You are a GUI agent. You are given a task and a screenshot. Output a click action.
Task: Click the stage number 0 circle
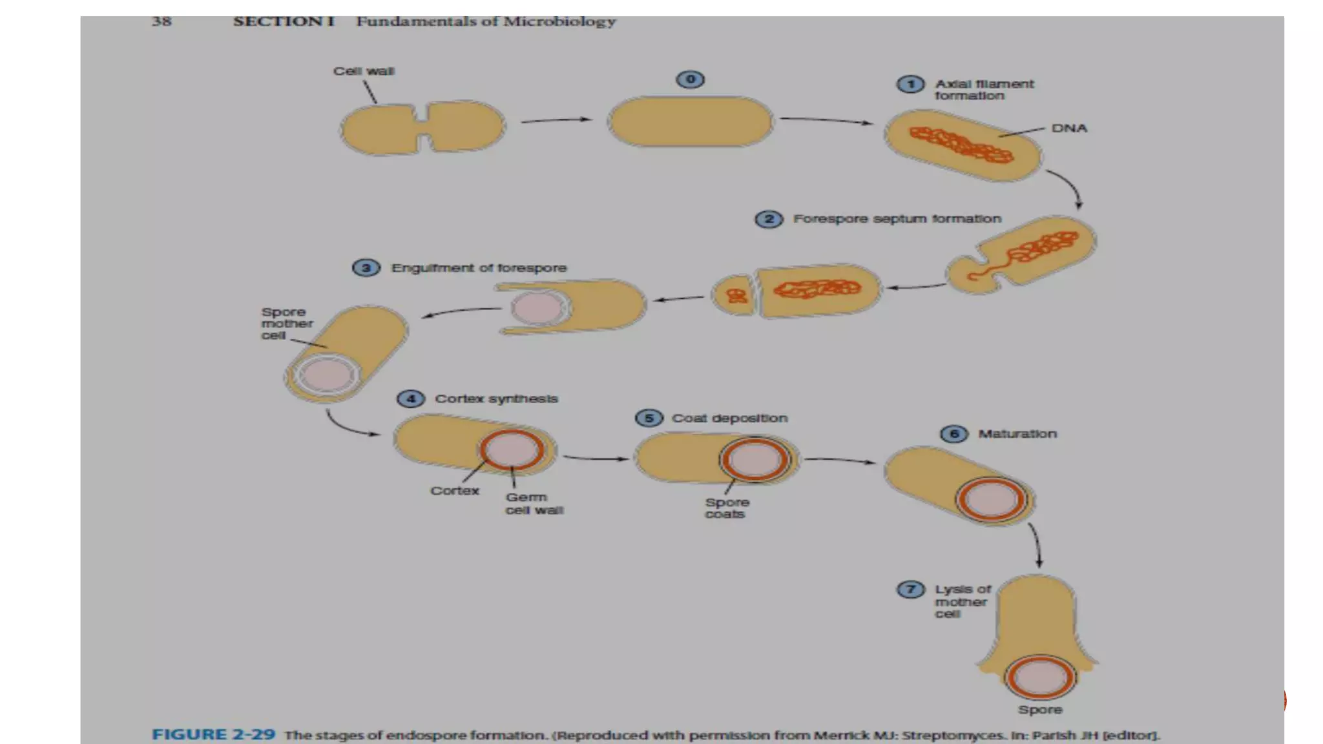point(690,79)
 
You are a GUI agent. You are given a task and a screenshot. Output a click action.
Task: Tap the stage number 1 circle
point(911,85)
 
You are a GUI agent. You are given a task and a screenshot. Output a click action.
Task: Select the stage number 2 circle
point(769,220)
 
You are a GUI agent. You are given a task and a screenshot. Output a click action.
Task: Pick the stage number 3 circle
point(366,268)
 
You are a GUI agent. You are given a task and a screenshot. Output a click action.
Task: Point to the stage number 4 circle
point(411,398)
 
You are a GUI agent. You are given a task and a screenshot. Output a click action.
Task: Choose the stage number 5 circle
point(649,418)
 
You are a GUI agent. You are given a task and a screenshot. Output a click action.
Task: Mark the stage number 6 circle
point(954,434)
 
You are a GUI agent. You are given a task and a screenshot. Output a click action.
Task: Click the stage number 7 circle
point(911,589)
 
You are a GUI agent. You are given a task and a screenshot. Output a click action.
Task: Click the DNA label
point(1069,129)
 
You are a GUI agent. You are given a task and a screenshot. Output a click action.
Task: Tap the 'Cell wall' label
point(364,71)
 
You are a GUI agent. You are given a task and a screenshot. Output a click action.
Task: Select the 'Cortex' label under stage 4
point(455,491)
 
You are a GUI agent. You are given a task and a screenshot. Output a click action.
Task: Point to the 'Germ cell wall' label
point(534,504)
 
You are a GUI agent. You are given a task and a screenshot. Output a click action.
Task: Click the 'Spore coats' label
point(727,508)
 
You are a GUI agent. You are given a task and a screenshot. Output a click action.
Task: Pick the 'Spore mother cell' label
point(286,324)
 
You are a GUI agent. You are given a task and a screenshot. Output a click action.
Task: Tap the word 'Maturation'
point(1017,434)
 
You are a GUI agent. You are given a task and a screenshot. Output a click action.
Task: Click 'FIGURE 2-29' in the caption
point(213,735)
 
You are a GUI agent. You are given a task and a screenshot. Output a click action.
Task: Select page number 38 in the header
point(161,21)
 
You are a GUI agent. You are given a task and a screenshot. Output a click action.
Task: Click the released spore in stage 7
point(1040,677)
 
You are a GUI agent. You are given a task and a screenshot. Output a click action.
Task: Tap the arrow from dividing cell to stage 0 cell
point(556,120)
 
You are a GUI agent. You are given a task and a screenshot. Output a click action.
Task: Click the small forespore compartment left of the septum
point(734,296)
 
